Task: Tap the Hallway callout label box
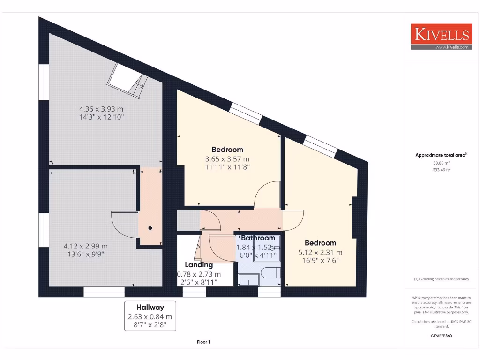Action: [150, 316]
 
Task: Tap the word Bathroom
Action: [258, 238]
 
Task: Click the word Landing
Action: [199, 265]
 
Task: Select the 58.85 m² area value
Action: [441, 163]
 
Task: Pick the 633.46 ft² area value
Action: [441, 170]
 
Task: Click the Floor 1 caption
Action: [203, 342]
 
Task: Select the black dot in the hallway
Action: [150, 228]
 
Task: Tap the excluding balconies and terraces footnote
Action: [441, 279]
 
